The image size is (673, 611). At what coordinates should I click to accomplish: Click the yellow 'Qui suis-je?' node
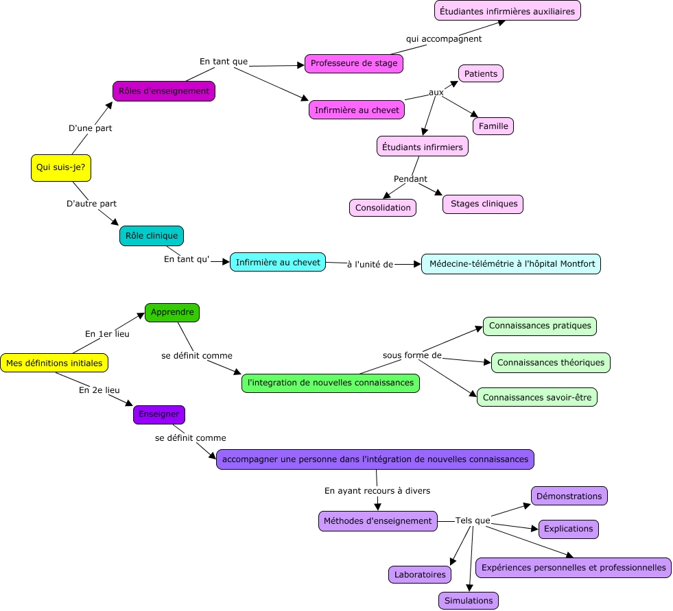pyautogui.click(x=61, y=167)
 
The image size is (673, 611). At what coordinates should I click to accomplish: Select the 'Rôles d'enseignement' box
pyautogui.click(x=164, y=91)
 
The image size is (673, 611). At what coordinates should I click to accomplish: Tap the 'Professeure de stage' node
pyautogui.click(x=353, y=64)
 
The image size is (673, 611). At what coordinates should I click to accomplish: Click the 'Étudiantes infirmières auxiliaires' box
pyautogui.click(x=508, y=11)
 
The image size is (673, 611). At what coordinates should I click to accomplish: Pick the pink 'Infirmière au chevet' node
pyautogui.click(x=356, y=110)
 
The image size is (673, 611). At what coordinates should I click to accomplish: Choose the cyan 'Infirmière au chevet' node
pyautogui.click(x=278, y=262)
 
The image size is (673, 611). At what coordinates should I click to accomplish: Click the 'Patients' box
pyautogui.click(x=481, y=73)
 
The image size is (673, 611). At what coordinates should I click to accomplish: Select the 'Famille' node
pyautogui.click(x=493, y=126)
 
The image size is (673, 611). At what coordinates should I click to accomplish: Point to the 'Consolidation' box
pyautogui.click(x=383, y=208)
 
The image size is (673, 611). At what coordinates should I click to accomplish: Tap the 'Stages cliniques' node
pyautogui.click(x=483, y=204)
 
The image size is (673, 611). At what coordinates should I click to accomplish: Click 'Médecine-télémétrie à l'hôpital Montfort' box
pyautogui.click(x=512, y=264)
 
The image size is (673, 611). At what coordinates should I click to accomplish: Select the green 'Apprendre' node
pyautogui.click(x=172, y=312)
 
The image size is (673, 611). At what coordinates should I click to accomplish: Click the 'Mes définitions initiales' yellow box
pyautogui.click(x=54, y=363)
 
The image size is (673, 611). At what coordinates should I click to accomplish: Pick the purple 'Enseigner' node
pyautogui.click(x=159, y=414)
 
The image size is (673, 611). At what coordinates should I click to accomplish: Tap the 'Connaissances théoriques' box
pyautogui.click(x=551, y=363)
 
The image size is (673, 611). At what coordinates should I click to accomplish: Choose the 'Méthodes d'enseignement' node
pyautogui.click(x=378, y=521)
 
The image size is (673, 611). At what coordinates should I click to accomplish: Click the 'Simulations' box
pyautogui.click(x=469, y=601)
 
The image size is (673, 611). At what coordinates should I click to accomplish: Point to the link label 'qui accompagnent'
pyautogui.click(x=444, y=39)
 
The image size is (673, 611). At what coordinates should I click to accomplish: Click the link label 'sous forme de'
pyautogui.click(x=412, y=355)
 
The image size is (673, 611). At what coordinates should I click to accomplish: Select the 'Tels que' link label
pyautogui.click(x=473, y=520)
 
